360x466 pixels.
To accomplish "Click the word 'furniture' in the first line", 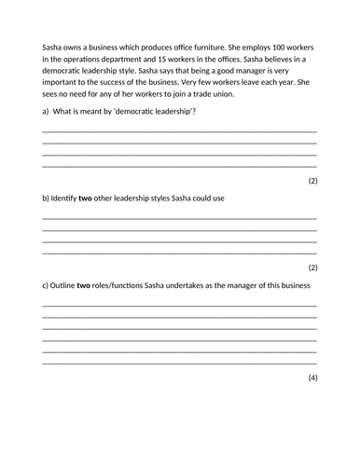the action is coord(204,46).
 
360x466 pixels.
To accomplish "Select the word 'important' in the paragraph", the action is coord(64,82).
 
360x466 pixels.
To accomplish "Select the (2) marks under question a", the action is coord(312,180).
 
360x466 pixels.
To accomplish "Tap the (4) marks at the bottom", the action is coord(312,377).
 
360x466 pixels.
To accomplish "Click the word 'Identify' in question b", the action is coord(67,199).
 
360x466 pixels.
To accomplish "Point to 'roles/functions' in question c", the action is coord(140,285).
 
